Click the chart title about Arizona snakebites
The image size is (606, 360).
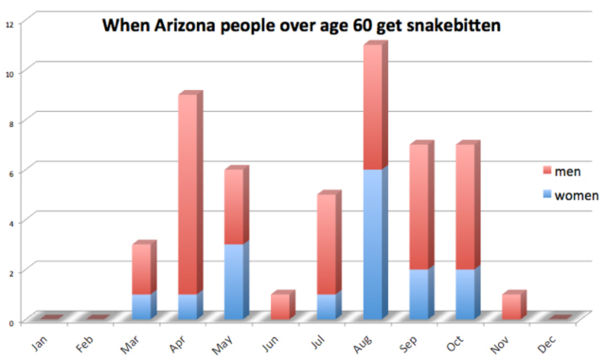pos(301,26)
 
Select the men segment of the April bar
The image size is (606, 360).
pos(188,194)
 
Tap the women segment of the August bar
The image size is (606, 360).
pos(374,244)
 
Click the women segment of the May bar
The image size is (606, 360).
pos(234,282)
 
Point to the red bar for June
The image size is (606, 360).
pos(280,307)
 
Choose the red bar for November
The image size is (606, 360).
pos(513,307)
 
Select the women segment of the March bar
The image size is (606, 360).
pos(141,307)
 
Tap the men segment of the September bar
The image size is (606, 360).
pos(420,209)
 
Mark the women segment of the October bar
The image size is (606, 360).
pos(466,294)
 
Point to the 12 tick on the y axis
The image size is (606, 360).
pos(9,23)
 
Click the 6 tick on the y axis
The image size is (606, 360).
pos(9,172)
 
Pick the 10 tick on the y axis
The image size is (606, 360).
pos(9,72)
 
